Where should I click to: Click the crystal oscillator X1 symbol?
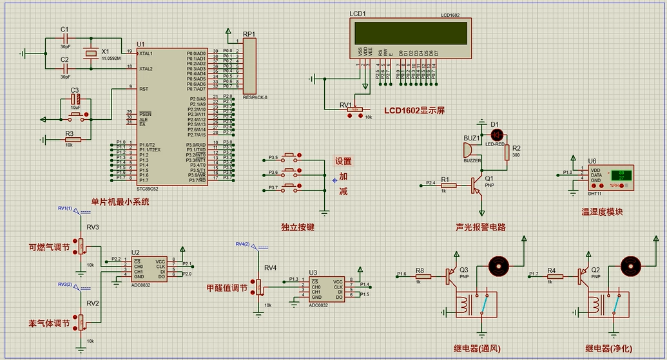[x=92, y=53]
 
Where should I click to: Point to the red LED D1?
[x=497, y=135]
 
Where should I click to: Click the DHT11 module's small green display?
[x=622, y=175]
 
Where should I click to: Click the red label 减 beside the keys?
[x=343, y=191]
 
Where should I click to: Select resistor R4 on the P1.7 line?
[x=554, y=276]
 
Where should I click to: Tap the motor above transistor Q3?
[x=498, y=265]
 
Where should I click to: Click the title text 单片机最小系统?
[x=120, y=202]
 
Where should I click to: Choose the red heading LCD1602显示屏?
[x=414, y=110]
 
